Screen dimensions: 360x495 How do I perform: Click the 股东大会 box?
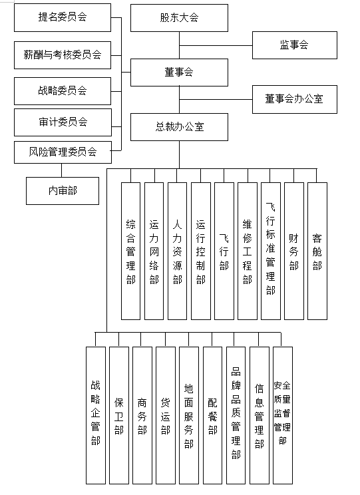click(179, 18)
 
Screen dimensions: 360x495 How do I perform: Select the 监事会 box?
click(294, 45)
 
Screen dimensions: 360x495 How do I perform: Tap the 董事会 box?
click(179, 73)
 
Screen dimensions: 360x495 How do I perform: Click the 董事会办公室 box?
click(294, 99)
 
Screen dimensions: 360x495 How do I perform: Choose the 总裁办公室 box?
click(179, 127)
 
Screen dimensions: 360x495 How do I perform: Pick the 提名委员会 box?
click(63, 17)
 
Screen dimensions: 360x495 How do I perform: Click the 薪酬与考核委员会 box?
click(63, 55)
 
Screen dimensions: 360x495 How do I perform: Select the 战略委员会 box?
click(63, 91)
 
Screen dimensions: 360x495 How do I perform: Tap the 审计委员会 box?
click(63, 122)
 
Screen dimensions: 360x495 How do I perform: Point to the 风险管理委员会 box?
click(63, 152)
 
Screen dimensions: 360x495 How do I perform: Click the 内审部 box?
click(63, 191)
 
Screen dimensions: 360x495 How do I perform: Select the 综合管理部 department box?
click(130, 251)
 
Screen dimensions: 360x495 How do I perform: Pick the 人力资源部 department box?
click(177, 251)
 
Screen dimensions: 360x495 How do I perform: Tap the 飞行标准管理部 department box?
click(271, 251)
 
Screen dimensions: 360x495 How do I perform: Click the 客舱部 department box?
click(317, 251)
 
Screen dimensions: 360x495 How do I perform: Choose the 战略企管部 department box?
click(96, 415)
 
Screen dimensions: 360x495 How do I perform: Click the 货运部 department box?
click(166, 415)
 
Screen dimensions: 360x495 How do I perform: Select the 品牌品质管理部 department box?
click(236, 415)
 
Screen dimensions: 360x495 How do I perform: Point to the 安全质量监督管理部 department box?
click(283, 415)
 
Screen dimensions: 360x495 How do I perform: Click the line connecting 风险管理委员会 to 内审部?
click(62, 170)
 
